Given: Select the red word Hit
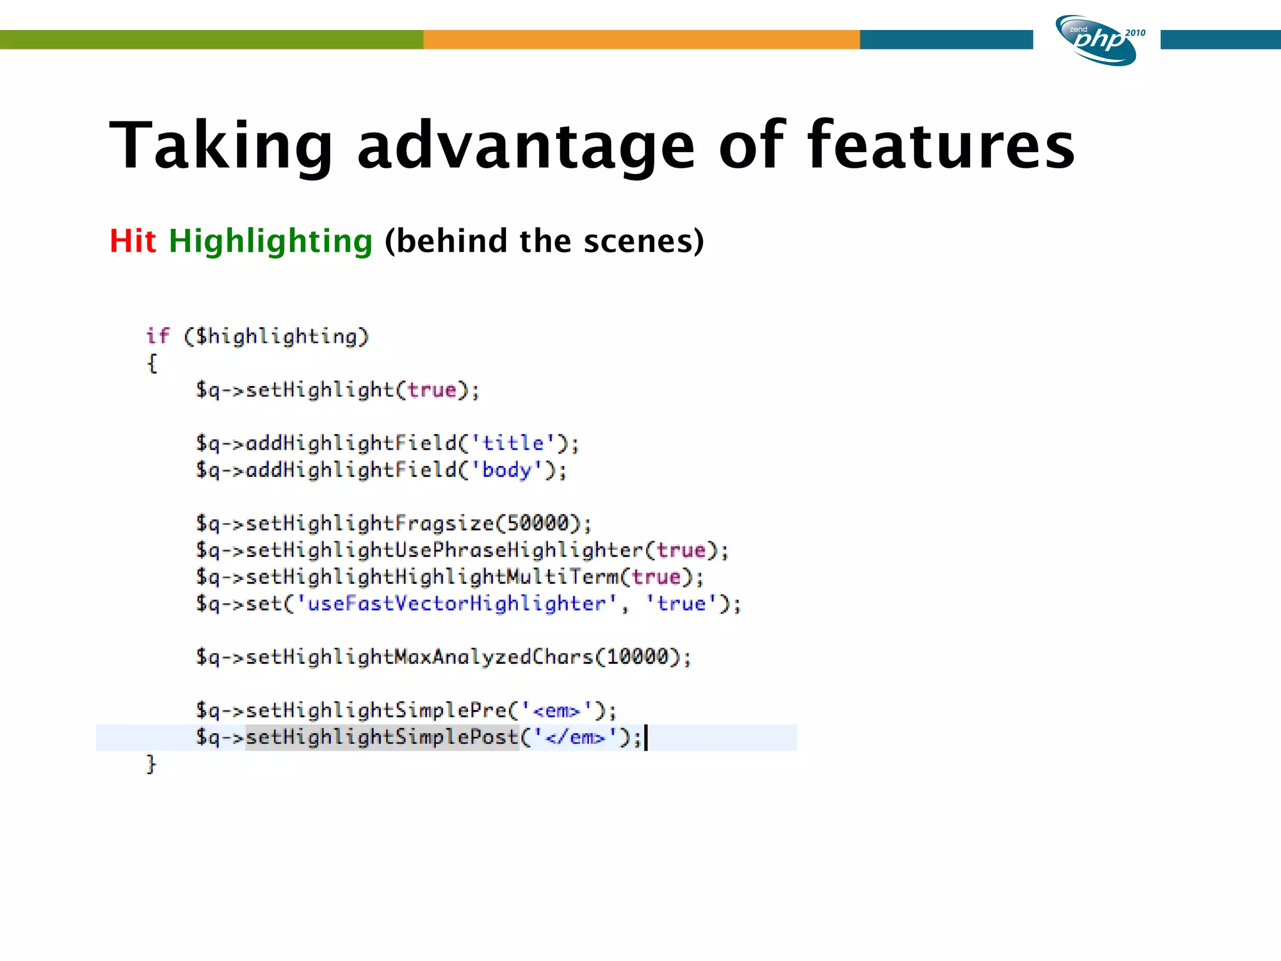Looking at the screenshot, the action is [x=132, y=241].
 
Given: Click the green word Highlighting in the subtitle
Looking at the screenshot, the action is [x=270, y=242].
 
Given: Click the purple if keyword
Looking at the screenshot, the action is [x=157, y=336].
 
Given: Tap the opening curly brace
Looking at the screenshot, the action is [x=151, y=364].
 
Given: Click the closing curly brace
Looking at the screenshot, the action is [x=151, y=764].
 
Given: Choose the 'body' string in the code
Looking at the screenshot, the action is [x=507, y=470].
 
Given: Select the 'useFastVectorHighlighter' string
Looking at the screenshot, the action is [x=457, y=604].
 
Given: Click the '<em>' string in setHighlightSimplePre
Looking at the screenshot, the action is [x=556, y=711].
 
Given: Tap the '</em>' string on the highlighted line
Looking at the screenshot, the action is [x=575, y=738].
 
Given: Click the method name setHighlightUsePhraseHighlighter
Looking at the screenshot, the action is [x=444, y=551].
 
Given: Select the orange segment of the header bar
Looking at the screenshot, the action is [x=641, y=39].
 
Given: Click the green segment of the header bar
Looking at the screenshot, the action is [x=211, y=39].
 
